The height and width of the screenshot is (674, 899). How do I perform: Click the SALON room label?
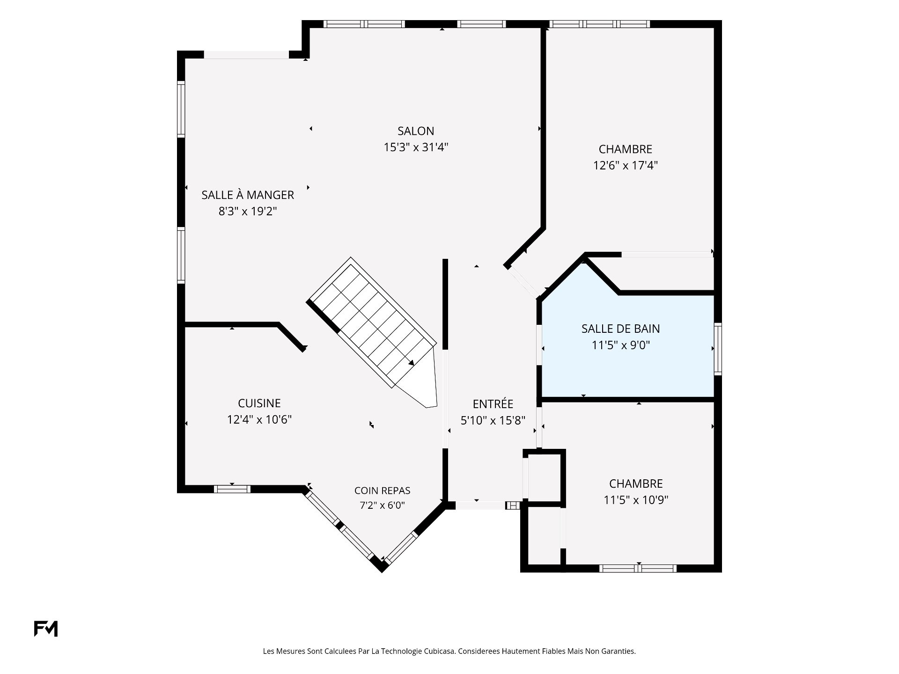point(416,131)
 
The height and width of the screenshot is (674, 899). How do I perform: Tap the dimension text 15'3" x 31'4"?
point(416,147)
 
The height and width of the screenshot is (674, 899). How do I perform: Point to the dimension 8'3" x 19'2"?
point(248,211)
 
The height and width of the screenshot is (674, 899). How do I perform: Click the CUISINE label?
point(259,403)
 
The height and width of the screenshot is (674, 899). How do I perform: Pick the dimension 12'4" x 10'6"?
point(259,419)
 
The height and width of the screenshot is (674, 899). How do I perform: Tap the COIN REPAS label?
point(382,491)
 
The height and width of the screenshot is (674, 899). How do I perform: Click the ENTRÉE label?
point(493,403)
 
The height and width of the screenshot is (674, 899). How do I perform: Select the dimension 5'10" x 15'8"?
point(493,420)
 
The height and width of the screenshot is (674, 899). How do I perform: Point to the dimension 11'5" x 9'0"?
point(621,345)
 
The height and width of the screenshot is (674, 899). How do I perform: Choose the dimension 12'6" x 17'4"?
point(626,165)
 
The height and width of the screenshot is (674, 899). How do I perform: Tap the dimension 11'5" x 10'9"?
point(636,500)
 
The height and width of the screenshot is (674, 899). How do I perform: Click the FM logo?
point(46,629)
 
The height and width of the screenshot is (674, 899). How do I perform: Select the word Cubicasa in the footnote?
point(439,651)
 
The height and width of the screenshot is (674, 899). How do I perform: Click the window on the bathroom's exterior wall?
point(718,349)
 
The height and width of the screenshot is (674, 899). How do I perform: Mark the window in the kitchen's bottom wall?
point(232,489)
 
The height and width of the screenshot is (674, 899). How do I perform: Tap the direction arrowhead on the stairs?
point(411,362)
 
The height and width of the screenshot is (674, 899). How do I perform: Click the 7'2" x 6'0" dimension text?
point(382,505)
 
